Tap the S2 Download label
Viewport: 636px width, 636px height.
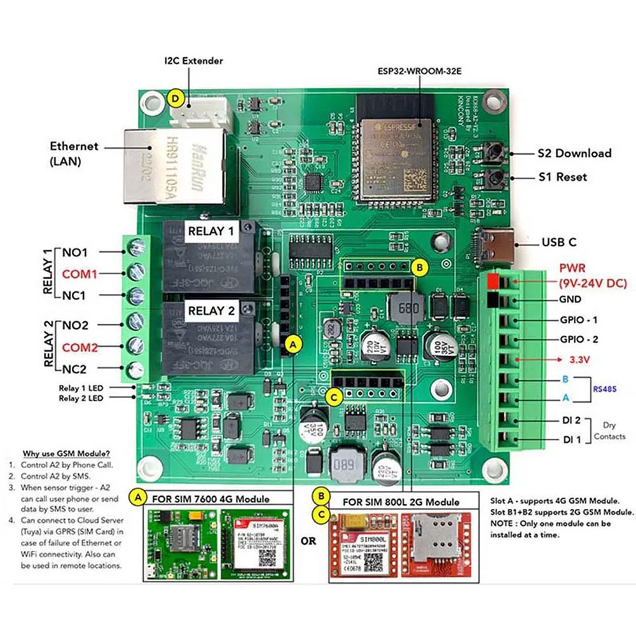pos(574,153)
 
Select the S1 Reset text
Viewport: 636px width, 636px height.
pos(562,177)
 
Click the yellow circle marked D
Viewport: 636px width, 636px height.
pos(176,99)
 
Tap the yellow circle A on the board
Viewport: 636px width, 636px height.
pos(293,344)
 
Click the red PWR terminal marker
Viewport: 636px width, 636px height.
pos(492,280)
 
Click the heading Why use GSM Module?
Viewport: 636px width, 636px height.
pos(67,453)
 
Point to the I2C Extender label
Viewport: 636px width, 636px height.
pos(193,61)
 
